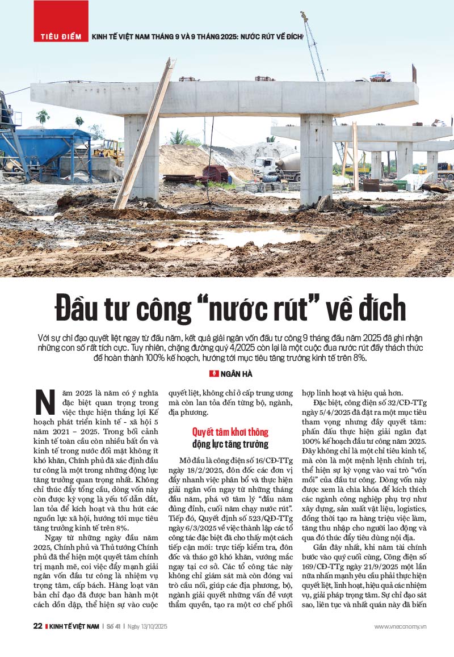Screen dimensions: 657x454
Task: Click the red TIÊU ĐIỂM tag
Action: point(61,36)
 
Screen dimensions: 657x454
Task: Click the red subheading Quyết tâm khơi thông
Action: point(230,432)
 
